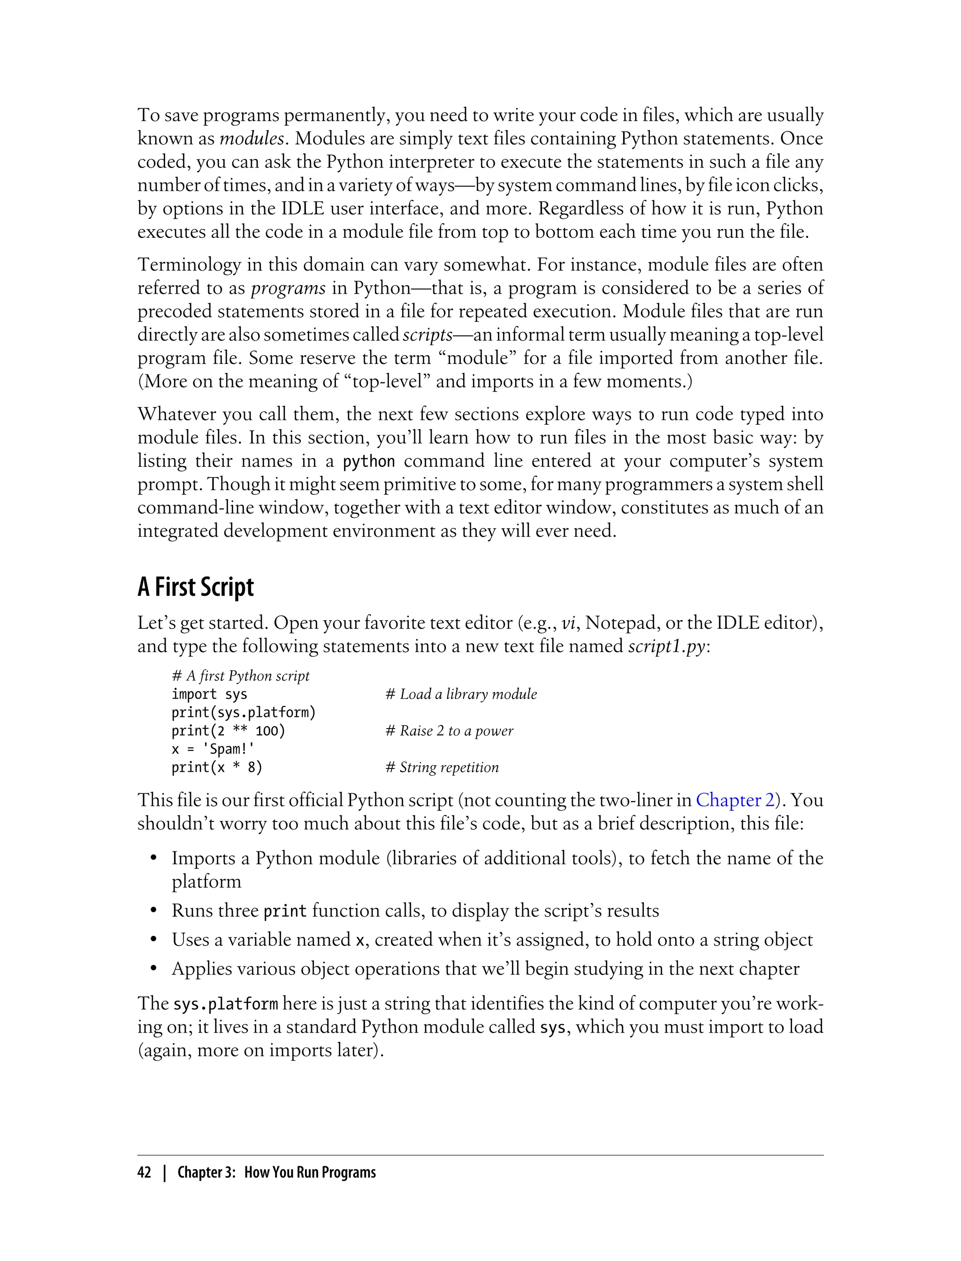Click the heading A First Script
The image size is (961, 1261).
(x=195, y=587)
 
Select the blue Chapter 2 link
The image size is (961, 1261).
(x=734, y=800)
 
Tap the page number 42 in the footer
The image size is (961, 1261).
(x=144, y=1173)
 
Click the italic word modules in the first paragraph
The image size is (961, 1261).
(x=251, y=139)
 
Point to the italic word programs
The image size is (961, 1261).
(x=288, y=288)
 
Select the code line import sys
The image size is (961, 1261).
(x=209, y=694)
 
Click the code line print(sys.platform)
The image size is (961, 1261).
(x=244, y=713)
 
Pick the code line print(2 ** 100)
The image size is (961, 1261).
(x=228, y=731)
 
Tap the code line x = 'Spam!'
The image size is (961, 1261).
(x=213, y=749)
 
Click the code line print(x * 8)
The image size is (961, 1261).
(x=217, y=767)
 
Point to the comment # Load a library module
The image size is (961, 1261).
(x=461, y=694)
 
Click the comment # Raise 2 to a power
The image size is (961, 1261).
(x=449, y=731)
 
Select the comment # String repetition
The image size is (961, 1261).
(x=442, y=767)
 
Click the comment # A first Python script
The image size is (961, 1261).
(x=240, y=676)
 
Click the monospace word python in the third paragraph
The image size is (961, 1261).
(x=369, y=462)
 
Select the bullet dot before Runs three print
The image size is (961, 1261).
(x=153, y=911)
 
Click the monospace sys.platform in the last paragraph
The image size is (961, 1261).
(x=225, y=1003)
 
